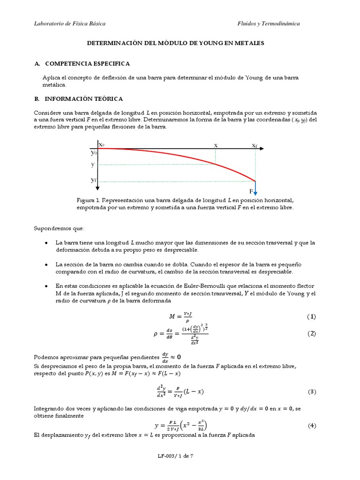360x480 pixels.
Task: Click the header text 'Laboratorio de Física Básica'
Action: [70, 23]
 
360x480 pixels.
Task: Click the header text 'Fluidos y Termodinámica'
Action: [269, 23]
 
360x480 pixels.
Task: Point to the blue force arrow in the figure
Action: [255, 188]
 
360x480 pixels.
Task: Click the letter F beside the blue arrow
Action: [251, 192]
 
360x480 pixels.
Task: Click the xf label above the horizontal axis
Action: [255, 145]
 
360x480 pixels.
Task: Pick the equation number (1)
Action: [312, 317]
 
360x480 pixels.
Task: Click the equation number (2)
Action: [312, 334]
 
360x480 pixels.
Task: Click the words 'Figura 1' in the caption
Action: [88, 200]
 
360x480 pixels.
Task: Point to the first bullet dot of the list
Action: [45, 243]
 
